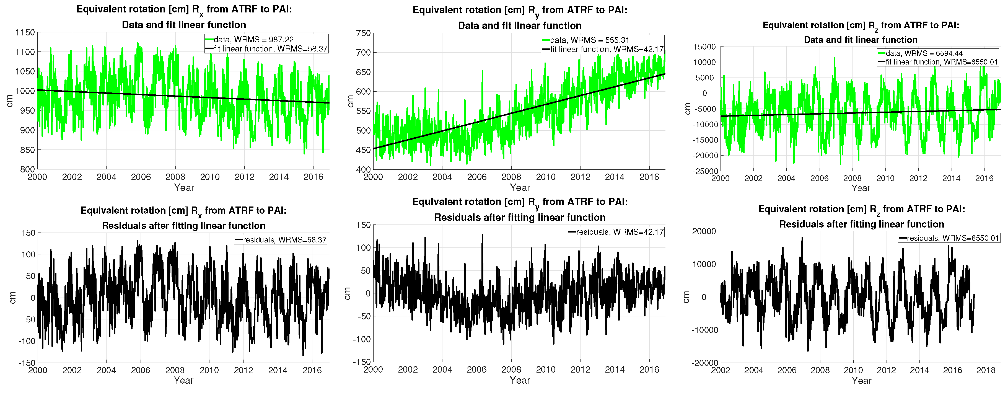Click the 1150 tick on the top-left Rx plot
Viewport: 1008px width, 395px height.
tap(25, 32)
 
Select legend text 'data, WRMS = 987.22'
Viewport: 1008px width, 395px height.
tap(253, 40)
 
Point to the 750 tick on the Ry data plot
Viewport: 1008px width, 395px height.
tap(363, 33)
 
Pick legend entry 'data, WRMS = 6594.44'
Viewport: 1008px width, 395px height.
tap(924, 53)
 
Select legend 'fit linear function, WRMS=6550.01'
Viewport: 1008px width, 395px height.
tap(942, 62)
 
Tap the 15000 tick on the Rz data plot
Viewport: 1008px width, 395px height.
tap(704, 47)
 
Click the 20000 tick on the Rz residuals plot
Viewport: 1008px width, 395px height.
tap(704, 231)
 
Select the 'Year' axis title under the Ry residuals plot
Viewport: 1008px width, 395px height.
tap(520, 380)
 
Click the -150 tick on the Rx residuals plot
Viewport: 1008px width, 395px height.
tap(27, 363)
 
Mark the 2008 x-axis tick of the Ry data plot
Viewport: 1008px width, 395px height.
tap(511, 177)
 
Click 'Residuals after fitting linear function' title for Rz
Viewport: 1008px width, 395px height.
tap(861, 224)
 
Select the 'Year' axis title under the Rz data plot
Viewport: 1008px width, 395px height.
tap(861, 188)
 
